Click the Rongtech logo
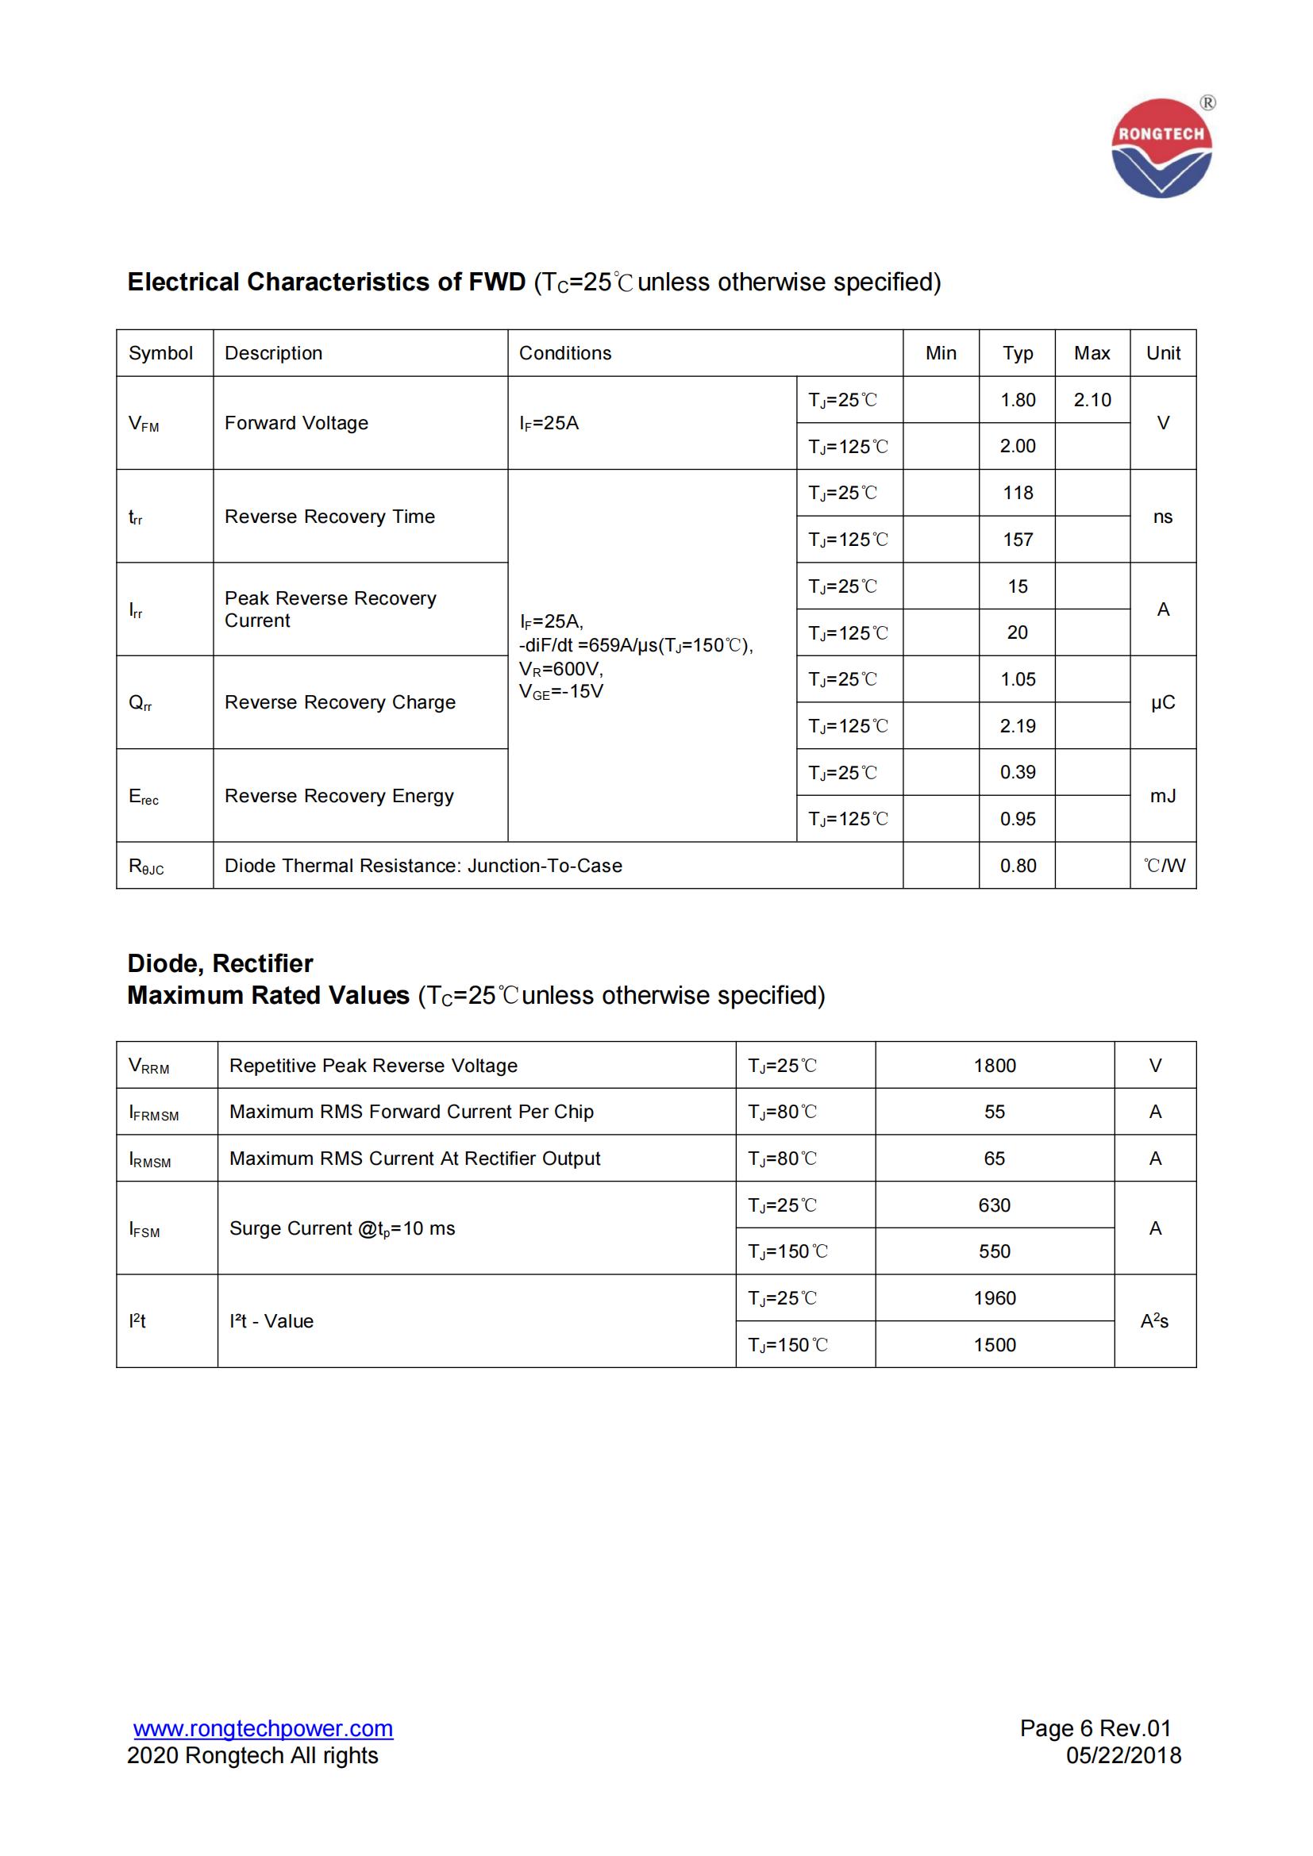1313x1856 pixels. (1161, 148)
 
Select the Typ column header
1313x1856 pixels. (1017, 353)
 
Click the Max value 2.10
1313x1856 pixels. (1092, 399)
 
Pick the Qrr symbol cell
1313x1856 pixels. (141, 702)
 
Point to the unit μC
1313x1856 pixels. (1162, 702)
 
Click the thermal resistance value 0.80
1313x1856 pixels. (1017, 866)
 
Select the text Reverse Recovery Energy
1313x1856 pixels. (339, 796)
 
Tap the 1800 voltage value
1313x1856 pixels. (995, 1066)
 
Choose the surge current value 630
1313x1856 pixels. (995, 1205)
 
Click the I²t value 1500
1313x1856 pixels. (995, 1345)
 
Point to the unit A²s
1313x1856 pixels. (1153, 1321)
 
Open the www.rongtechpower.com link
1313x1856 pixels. (263, 1728)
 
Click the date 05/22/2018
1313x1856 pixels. (1123, 1756)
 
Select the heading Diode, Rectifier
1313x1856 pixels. (220, 963)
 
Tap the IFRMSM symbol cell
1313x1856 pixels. (154, 1112)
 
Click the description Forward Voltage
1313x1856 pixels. (296, 423)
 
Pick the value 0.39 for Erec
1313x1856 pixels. (1017, 772)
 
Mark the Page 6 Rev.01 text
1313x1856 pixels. (1095, 1728)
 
